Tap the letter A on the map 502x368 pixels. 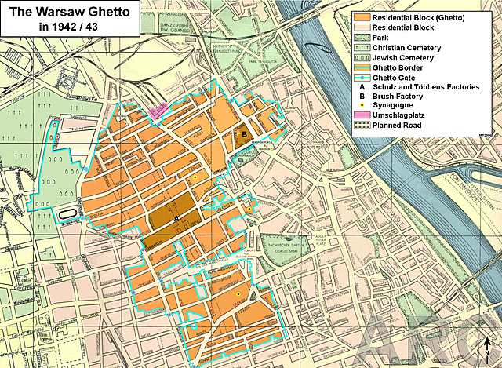click(x=176, y=218)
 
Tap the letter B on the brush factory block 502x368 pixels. click(x=244, y=134)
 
